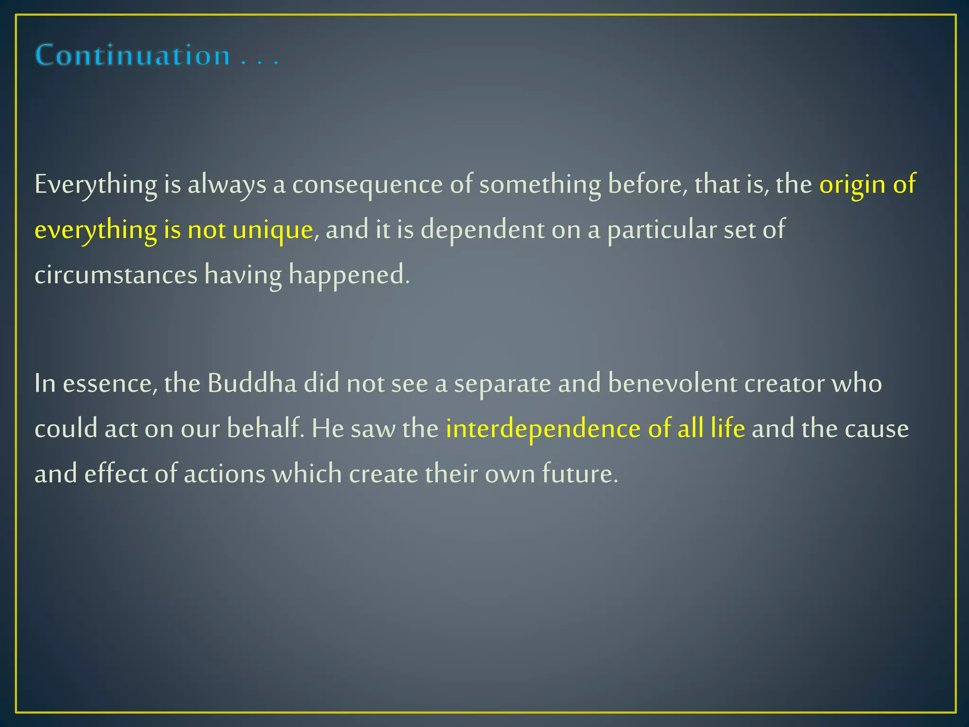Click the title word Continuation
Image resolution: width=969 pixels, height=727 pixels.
(x=132, y=55)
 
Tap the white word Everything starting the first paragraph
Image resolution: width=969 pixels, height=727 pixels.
(x=96, y=184)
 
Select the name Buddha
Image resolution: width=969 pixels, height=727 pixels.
(x=252, y=383)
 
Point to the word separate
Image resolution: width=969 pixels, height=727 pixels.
(x=502, y=383)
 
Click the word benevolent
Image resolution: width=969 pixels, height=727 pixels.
(x=672, y=383)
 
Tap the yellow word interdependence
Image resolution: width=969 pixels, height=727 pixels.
(x=543, y=428)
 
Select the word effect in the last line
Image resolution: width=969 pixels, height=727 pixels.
(x=116, y=474)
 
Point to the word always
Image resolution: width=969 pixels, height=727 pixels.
(x=227, y=184)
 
